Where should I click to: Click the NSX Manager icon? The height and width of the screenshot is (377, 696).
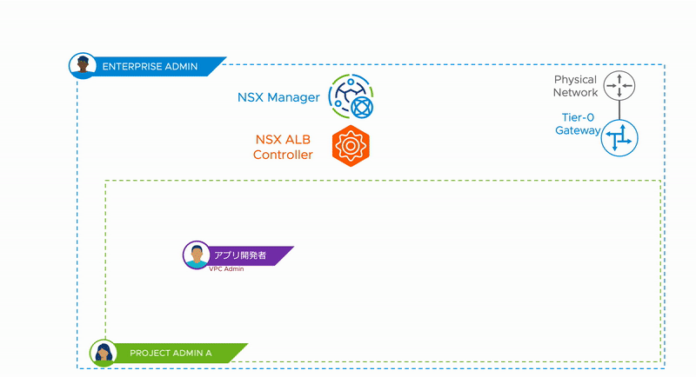point(351,97)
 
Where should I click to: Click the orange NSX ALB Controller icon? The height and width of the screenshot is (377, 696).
point(351,145)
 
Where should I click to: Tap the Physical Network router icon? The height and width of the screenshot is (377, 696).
point(619,84)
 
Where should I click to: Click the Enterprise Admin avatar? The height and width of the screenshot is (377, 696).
point(83,66)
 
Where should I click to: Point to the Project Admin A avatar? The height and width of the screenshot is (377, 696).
point(104,353)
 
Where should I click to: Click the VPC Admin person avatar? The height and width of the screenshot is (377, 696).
point(197,255)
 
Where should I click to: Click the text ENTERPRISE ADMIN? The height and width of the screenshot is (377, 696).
point(150,67)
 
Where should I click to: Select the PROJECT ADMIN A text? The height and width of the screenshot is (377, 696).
point(171,354)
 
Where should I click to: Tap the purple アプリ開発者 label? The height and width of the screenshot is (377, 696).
point(240,255)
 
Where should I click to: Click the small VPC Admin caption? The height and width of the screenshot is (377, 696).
point(226,269)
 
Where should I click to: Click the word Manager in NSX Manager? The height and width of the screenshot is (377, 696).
point(294,97)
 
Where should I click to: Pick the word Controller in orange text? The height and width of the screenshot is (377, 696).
point(283,155)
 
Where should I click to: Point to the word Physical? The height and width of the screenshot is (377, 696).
point(575,80)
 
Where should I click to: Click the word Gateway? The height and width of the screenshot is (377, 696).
point(578,130)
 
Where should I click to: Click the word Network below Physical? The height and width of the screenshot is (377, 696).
point(575,92)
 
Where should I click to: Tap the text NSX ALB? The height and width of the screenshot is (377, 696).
point(284,139)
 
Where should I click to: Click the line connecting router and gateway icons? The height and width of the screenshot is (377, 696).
point(619,109)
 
